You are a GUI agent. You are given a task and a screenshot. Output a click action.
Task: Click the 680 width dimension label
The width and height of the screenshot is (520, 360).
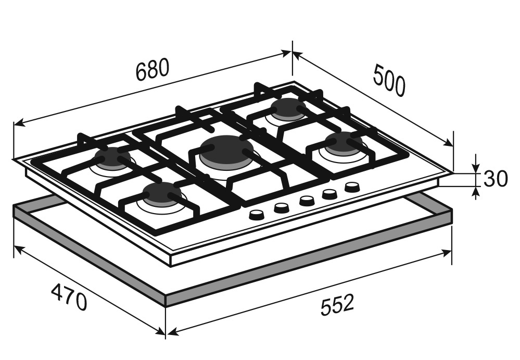click(153, 70)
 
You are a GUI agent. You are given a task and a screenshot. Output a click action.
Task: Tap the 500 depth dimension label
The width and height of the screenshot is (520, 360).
click(389, 81)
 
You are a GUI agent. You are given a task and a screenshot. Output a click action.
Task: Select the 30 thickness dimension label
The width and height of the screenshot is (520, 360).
click(496, 179)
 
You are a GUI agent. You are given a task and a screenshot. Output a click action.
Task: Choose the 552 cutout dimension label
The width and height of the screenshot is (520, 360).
click(338, 304)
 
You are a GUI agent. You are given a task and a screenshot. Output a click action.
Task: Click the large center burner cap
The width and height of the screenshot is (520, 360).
click(227, 148)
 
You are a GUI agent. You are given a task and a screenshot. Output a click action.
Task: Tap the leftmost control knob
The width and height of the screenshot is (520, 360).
click(256, 215)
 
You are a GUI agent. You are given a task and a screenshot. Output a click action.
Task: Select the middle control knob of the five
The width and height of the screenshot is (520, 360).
click(307, 201)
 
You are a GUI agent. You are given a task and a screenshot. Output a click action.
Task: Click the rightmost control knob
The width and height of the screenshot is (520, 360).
click(352, 187)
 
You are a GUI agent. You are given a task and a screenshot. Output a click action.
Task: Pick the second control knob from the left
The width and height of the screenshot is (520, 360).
click(282, 208)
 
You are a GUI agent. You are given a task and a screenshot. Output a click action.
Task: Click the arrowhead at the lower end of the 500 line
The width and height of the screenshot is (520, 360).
click(448, 142)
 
